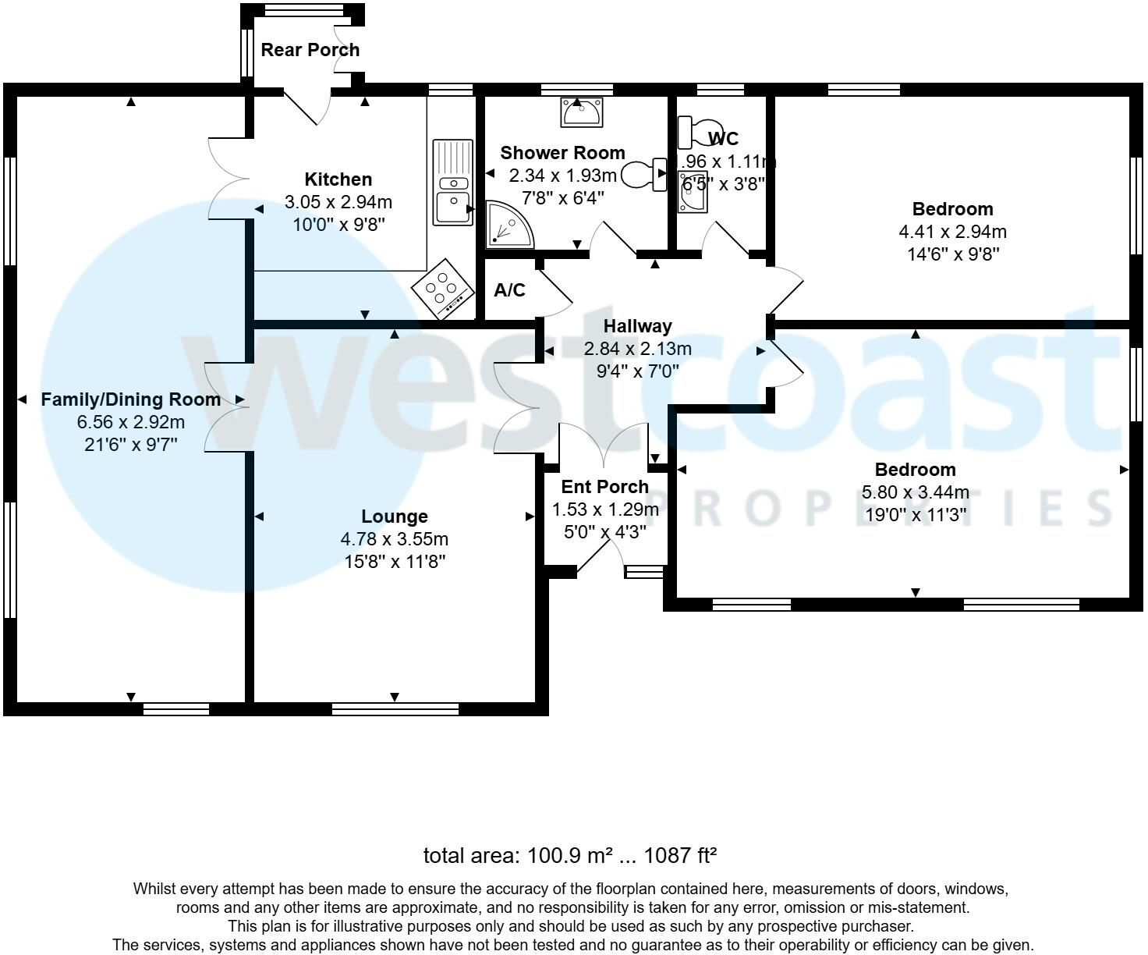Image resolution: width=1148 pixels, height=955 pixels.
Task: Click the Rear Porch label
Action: pos(310,50)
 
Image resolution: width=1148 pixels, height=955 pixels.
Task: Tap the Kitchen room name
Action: pos(338,179)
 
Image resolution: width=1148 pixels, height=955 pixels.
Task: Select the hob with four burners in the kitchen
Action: pos(443,289)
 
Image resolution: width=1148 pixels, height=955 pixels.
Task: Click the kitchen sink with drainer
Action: pos(452,182)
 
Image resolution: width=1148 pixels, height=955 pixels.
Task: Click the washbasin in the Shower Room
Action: pos(580,112)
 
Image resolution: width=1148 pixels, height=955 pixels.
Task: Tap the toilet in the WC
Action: pos(700,130)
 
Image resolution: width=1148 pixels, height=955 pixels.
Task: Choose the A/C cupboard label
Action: pos(509,291)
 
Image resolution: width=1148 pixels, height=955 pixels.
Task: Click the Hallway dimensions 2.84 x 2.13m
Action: pos(637,349)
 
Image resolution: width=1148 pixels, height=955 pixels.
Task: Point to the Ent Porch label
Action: pos(604,487)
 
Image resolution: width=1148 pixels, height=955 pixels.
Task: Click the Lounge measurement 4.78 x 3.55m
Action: pos(394,539)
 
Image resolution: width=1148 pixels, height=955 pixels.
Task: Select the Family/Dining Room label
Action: pos(130,399)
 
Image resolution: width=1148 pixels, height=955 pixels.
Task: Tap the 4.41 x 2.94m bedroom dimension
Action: pos(952,232)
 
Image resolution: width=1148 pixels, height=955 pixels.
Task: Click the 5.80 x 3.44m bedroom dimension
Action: pos(915,492)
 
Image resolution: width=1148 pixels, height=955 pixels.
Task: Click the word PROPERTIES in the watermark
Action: pos(881,509)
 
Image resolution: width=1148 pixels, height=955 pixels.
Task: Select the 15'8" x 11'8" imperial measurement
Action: pos(394,561)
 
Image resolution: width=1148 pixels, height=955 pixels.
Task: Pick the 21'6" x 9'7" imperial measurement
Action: pos(130,445)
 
